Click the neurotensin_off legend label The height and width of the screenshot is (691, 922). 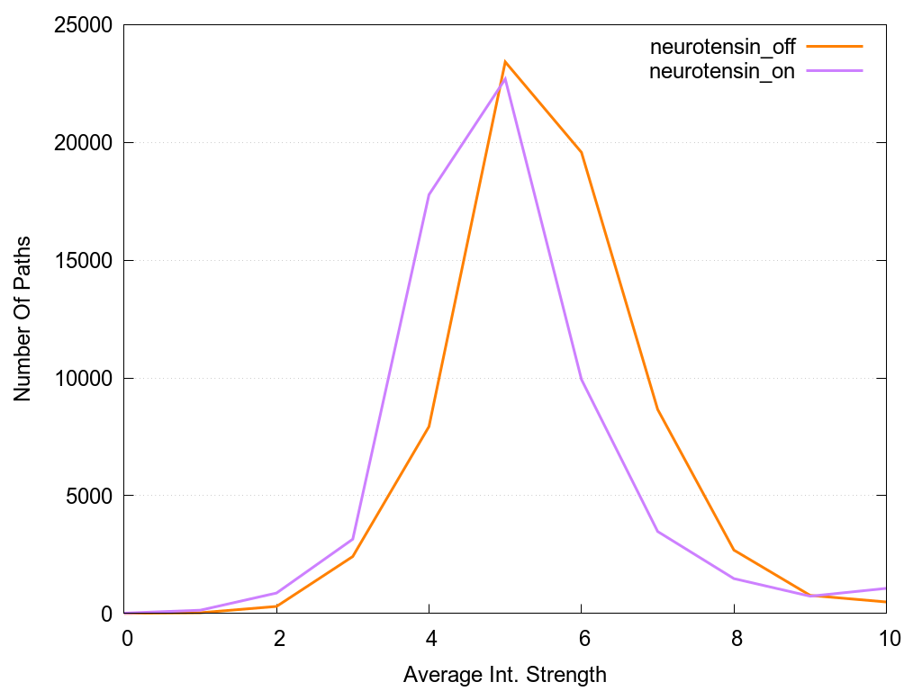point(722,48)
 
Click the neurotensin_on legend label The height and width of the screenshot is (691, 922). point(722,73)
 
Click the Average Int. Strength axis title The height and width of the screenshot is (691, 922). point(505,674)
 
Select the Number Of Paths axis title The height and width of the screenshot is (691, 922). point(23,319)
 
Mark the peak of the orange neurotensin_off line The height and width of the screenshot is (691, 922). point(506,62)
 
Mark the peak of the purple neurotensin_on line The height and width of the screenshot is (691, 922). point(506,78)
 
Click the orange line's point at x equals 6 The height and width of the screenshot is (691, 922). point(582,153)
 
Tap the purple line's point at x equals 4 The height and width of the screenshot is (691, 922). point(429,194)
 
